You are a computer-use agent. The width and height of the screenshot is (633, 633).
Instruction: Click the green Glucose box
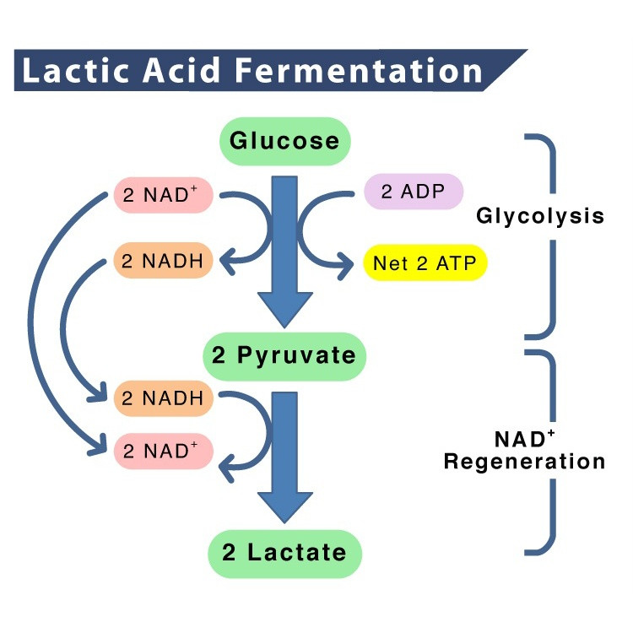285,140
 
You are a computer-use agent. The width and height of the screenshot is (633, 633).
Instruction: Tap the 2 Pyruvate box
284,355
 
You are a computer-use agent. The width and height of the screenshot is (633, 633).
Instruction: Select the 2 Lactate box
284,553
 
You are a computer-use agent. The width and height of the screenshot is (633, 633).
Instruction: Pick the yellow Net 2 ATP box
425,263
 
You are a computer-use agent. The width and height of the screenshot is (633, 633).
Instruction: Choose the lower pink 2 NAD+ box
164,451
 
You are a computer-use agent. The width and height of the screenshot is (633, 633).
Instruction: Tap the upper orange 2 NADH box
163,262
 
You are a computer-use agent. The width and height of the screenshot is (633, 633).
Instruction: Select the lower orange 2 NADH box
164,398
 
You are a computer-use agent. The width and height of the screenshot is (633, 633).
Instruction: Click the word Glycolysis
540,216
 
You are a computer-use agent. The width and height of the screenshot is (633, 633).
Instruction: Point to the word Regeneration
524,463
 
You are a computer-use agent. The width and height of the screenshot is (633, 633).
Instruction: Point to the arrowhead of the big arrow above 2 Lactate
285,507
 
